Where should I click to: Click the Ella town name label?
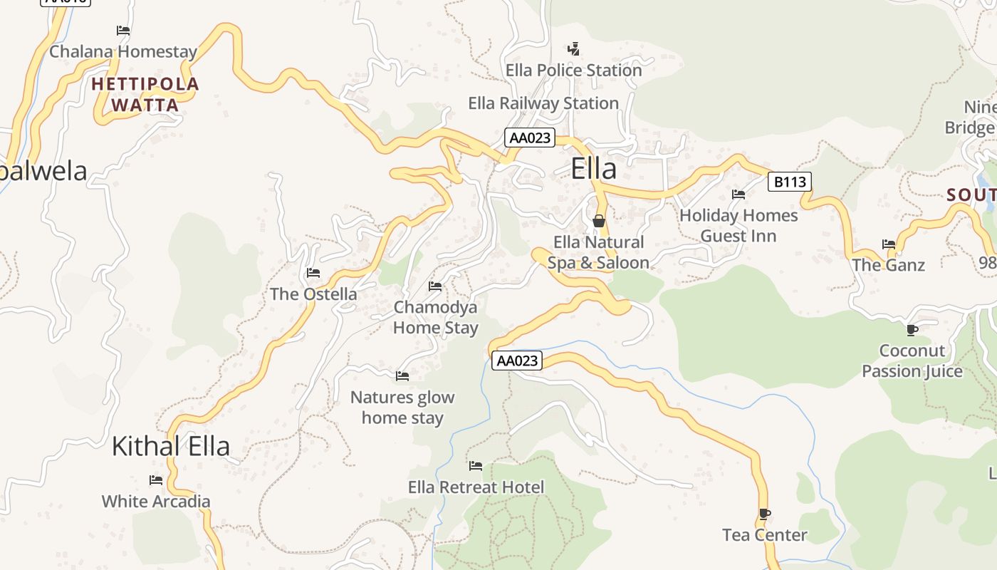pos(593,170)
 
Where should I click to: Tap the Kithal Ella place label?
pos(171,446)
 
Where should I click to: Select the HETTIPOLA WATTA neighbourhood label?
pos(145,95)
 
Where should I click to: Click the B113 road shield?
pos(790,182)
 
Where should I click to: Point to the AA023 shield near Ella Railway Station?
pos(530,138)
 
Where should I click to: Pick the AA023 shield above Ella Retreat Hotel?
pos(517,361)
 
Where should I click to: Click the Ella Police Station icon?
pos(573,49)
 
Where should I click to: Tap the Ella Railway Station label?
pos(543,103)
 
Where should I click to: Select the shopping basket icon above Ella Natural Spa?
pos(599,221)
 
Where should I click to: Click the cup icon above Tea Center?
pos(765,514)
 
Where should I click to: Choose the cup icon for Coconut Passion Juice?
pos(912,329)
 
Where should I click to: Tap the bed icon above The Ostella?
pos(313,273)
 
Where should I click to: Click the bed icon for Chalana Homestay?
pos(123,31)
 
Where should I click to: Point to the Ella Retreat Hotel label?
pos(476,487)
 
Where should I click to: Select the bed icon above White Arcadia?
pos(156,480)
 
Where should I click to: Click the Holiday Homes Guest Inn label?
pos(738,225)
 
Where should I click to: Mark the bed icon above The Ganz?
pos(889,244)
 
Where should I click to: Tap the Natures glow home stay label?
pos(402,408)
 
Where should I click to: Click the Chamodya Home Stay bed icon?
pos(435,286)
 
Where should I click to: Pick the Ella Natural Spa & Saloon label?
pos(598,253)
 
